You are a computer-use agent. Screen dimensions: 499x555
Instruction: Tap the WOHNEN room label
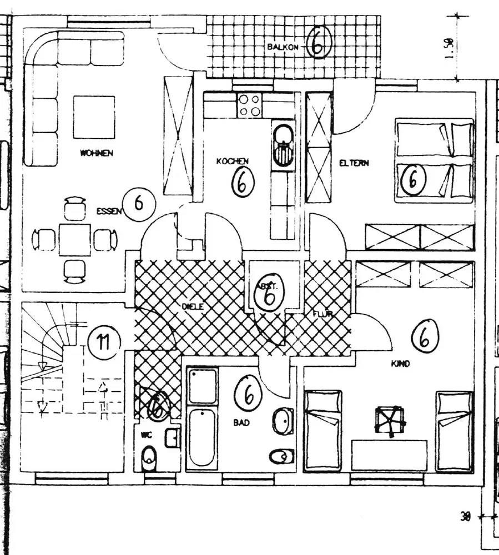pos(97,153)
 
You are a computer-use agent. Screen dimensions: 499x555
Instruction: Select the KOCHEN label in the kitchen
pos(233,161)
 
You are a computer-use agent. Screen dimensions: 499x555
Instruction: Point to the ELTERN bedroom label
pos(354,163)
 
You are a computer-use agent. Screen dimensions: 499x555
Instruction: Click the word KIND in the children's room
pos(400,364)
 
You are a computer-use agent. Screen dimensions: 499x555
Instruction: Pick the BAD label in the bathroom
pos(241,422)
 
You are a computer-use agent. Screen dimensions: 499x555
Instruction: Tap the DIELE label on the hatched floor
pos(194,306)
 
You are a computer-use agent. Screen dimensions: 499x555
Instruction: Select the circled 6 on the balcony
pos(317,46)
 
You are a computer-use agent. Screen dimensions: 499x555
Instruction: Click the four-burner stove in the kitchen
pos(249,105)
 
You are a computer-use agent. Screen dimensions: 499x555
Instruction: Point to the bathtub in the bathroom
pos(201,438)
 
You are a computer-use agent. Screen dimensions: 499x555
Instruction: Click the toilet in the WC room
pos(149,458)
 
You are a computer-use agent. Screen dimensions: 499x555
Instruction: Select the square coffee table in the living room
pos(94,117)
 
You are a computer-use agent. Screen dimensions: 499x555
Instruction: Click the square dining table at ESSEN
pos(75,239)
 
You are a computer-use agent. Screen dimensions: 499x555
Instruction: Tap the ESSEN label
pos(108,211)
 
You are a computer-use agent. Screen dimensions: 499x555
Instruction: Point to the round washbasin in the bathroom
pos(283,421)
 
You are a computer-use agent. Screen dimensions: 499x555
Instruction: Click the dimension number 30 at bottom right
pos(465,516)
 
